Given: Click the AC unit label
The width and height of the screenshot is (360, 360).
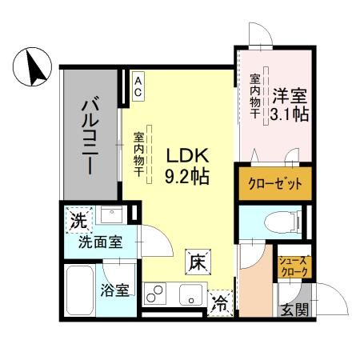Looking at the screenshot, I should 138,87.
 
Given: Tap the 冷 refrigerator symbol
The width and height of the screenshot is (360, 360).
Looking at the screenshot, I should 220,304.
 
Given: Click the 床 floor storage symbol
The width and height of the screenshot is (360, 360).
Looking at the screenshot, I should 198,260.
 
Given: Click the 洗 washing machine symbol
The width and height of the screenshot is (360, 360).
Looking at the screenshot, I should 78,218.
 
